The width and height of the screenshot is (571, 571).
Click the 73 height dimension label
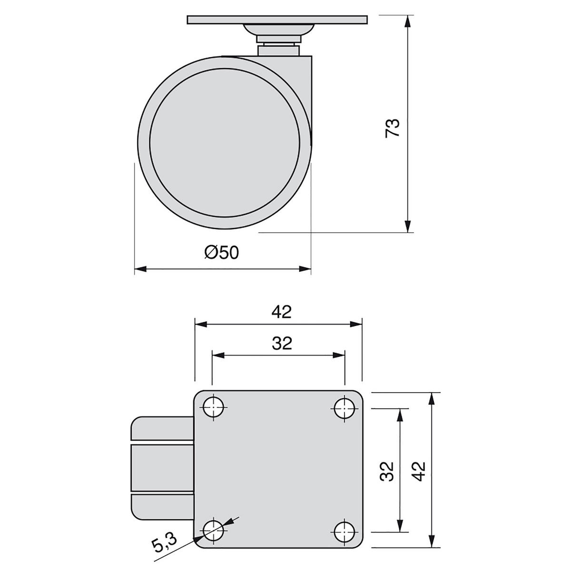coord(392,128)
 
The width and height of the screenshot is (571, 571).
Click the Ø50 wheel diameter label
coord(222,253)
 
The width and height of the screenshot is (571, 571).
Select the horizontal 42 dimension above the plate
coord(282,312)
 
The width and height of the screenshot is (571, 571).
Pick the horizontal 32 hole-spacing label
coord(282,343)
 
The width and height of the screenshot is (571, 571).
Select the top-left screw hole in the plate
coord(214,407)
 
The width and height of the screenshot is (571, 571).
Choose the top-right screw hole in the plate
coord(345,408)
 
